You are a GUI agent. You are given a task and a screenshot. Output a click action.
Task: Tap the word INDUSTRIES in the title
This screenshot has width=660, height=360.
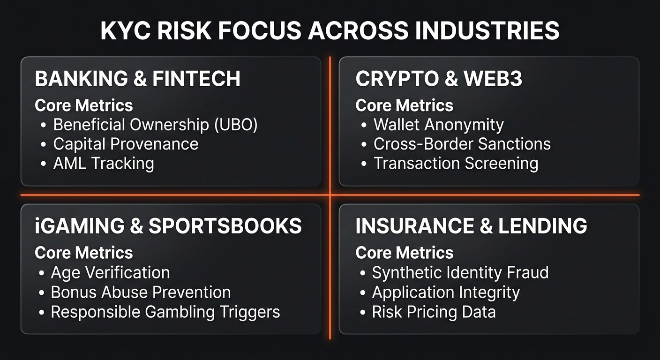coord(487,30)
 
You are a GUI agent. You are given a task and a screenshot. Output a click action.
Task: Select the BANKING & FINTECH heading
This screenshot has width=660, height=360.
coord(138,79)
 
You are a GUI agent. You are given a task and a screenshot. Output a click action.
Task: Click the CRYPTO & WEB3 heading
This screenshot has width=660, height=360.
coord(439,79)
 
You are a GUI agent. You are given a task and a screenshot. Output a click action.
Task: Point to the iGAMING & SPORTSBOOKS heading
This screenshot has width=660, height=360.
coord(168,226)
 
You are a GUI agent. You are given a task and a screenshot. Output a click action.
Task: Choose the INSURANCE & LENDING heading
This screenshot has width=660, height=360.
coord(471,226)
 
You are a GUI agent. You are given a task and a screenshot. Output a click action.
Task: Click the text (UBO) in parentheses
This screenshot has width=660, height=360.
coord(236,125)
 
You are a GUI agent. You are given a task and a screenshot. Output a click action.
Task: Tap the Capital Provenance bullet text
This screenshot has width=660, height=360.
coord(126,144)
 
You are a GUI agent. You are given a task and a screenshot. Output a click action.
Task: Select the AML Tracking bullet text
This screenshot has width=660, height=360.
coord(104,164)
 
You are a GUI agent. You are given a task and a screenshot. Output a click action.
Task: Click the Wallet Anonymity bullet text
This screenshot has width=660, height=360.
coord(439,125)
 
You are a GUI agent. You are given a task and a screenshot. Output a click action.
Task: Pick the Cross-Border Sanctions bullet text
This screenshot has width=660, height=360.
coord(462,144)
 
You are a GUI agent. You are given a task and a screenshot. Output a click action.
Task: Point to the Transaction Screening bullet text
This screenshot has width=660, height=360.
coord(456,164)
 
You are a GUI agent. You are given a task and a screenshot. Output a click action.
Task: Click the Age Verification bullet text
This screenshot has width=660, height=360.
coord(111,272)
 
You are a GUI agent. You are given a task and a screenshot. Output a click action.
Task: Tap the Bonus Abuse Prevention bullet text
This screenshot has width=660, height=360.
coord(141,292)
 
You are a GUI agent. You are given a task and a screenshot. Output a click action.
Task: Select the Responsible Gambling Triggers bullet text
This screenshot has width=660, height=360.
coord(165,312)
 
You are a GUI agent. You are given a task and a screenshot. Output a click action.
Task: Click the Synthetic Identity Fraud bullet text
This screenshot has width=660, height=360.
coord(460,272)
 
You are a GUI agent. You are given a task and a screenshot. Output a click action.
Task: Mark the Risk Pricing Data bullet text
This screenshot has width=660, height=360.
coord(434,312)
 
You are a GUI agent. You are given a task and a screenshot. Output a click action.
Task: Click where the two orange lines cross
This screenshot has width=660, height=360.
coord(330,195)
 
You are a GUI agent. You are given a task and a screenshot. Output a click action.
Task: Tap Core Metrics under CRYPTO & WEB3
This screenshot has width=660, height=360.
coord(404,105)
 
